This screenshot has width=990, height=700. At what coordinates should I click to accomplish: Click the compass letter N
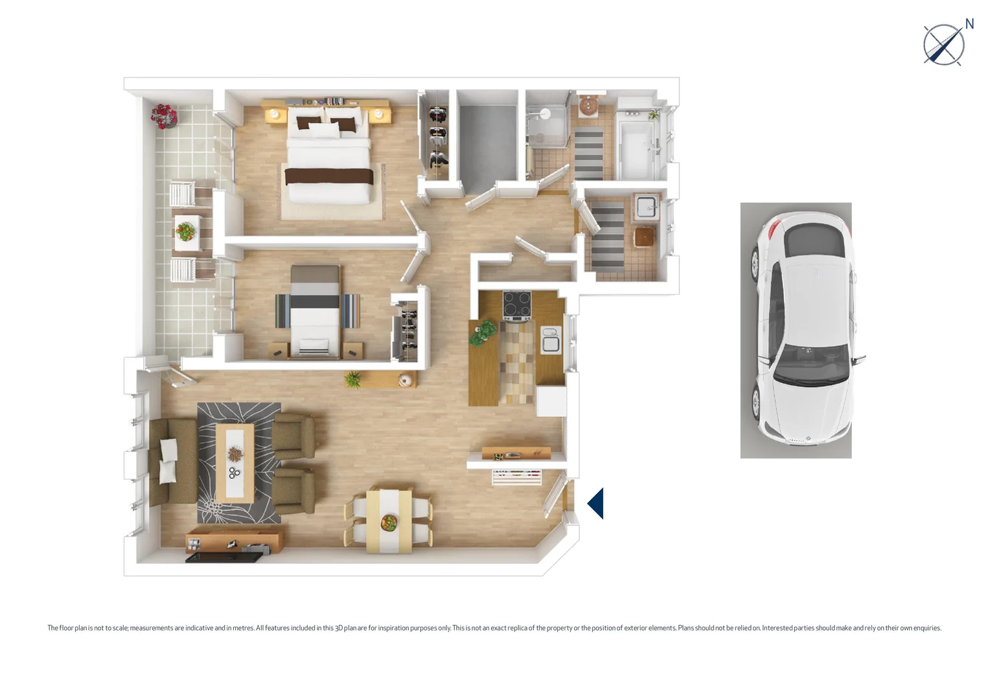pyautogui.click(x=969, y=24)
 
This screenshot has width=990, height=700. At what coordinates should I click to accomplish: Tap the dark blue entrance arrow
pyautogui.click(x=596, y=504)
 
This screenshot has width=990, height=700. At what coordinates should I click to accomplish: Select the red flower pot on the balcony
pyautogui.click(x=164, y=116)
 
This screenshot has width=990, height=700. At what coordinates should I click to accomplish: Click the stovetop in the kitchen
pyautogui.click(x=516, y=305)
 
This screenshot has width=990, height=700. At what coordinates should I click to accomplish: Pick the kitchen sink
pyautogui.click(x=551, y=340)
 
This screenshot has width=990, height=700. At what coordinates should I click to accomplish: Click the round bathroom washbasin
pyautogui.click(x=588, y=106)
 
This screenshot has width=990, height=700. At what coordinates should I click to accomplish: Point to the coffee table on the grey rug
pyautogui.click(x=235, y=462)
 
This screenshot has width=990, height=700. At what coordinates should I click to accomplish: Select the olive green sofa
pyautogui.click(x=174, y=461)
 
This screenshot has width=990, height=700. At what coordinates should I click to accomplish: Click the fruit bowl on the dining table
pyautogui.click(x=389, y=522)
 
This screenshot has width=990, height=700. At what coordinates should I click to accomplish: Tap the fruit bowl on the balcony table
pyautogui.click(x=186, y=231)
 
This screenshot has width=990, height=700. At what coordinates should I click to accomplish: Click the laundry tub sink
pyautogui.click(x=646, y=207)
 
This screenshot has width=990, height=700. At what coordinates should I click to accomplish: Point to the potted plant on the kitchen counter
pyautogui.click(x=483, y=332)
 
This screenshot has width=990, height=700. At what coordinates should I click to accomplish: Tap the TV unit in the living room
pyautogui.click(x=233, y=542)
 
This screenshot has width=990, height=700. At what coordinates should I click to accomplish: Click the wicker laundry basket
pyautogui.click(x=645, y=237)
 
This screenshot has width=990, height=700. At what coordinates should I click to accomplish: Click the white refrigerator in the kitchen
pyautogui.click(x=551, y=401)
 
